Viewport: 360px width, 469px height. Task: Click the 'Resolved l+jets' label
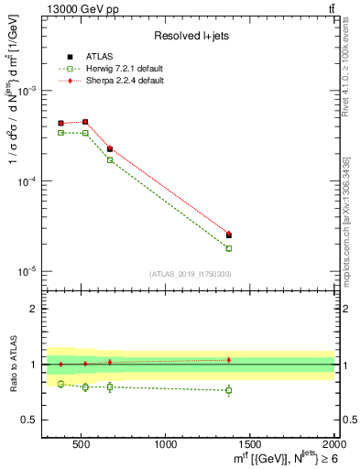click(x=190, y=36)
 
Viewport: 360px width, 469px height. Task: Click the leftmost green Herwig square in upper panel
click(x=61, y=133)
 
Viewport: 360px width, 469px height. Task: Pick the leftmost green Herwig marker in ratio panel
click(x=61, y=384)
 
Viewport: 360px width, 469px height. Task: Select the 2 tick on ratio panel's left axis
click(x=34, y=309)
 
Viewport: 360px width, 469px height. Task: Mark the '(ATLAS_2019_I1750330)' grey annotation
click(x=190, y=274)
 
